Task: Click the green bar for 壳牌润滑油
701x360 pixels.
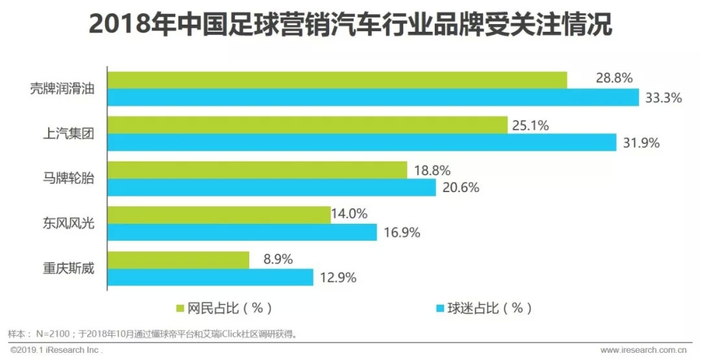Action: point(337,80)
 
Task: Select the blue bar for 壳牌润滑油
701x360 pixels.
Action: point(373,97)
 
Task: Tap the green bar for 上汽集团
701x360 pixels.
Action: point(307,125)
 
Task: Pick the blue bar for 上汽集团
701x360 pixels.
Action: point(362,143)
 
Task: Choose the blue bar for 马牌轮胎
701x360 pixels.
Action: point(271,187)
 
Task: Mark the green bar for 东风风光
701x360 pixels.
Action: point(219,215)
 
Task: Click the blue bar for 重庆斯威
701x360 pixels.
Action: point(210,277)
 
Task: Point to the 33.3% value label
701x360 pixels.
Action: point(663,99)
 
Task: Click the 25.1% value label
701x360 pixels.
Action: point(531,126)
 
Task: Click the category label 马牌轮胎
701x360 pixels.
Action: point(64,179)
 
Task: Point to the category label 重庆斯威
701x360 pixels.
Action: point(64,268)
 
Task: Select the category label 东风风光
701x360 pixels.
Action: point(64,224)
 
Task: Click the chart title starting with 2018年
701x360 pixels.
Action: point(350,27)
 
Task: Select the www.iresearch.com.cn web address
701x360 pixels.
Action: point(645,350)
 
